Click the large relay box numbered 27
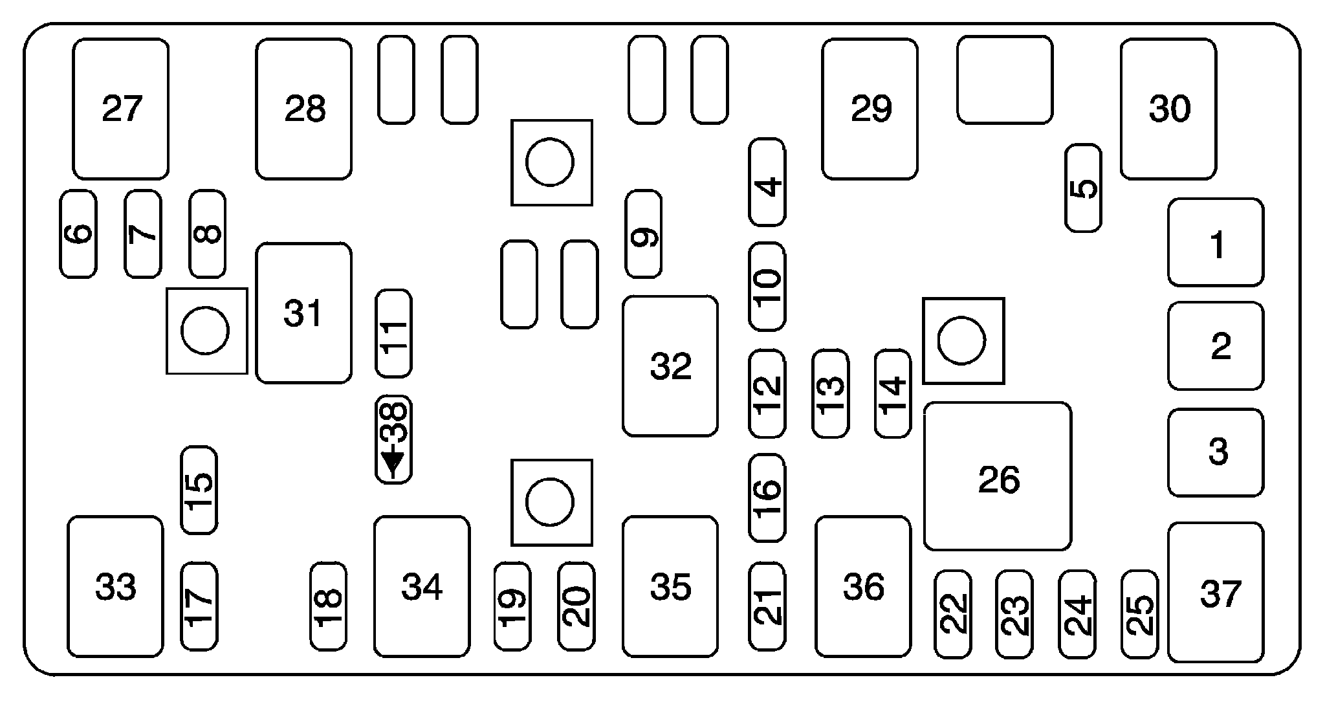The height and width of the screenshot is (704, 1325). coord(121,109)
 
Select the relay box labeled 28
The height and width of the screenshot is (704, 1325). coord(304,109)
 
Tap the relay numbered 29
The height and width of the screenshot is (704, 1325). coord(870,109)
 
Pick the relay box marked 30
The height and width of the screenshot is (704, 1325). coord(1168,109)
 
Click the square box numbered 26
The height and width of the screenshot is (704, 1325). coord(998,477)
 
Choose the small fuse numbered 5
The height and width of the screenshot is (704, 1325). coord(1083,188)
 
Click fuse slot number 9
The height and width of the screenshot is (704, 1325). coord(644,234)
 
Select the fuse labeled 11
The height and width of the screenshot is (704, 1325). coord(393,333)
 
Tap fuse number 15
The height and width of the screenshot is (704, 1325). coord(199,490)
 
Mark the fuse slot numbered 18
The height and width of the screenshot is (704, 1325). coord(329,606)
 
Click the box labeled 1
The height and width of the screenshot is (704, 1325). coord(1216,243)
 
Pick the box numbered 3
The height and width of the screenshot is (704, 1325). coord(1216,453)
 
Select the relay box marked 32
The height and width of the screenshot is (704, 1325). coord(670,366)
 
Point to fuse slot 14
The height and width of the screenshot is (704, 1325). coord(893,393)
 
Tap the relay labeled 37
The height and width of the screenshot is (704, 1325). coord(1216,593)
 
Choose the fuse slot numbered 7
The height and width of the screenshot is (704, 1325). coord(143,234)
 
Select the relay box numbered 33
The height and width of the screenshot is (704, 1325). coord(115,587)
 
